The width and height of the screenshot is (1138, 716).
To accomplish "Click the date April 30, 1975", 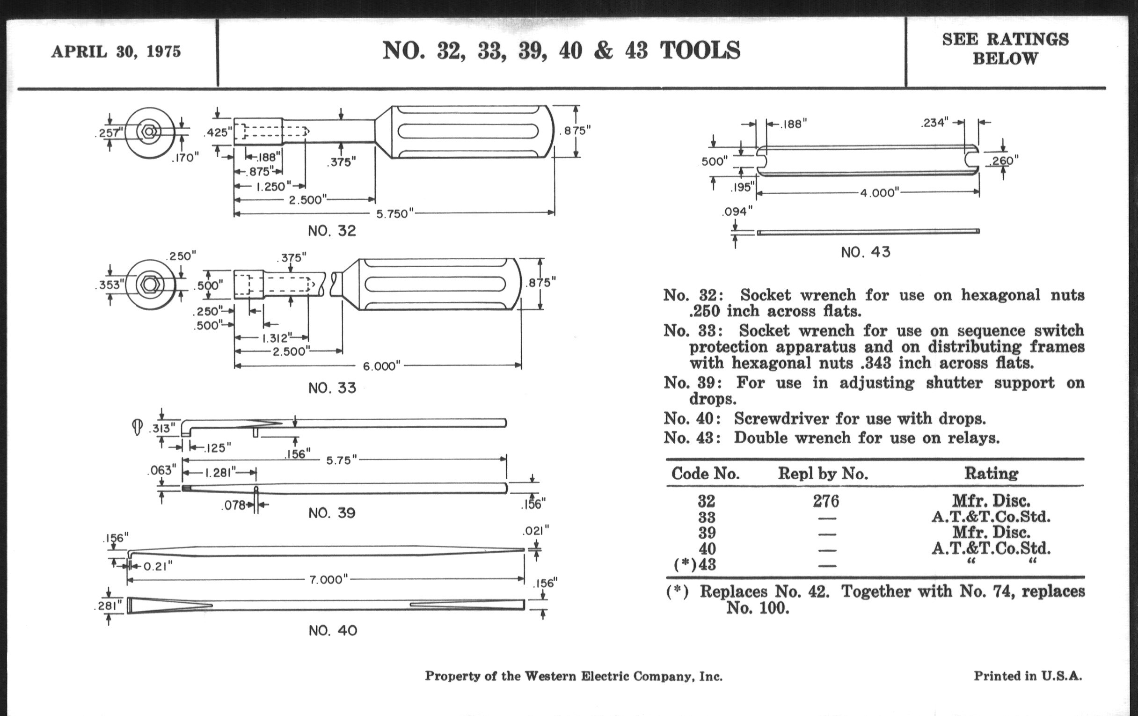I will coord(116,51).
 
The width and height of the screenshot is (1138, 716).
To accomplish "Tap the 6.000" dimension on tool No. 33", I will coord(381,366).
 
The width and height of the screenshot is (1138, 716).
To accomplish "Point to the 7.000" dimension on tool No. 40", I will coord(328,579).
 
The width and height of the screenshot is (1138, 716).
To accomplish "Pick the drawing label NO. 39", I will coord(332,513).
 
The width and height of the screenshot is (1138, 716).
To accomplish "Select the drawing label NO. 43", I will coord(865,252).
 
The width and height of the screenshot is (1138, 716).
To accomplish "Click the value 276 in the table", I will coord(825,501).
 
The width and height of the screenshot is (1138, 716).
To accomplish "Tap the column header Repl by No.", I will coord(823,474).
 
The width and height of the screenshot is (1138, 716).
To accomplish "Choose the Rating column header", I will coord(991,473).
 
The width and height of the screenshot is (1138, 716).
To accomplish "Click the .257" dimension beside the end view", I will coord(109,133).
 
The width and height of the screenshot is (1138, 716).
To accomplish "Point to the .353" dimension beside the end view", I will coord(110,285).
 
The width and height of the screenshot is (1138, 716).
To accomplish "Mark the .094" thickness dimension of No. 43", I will coord(737,212).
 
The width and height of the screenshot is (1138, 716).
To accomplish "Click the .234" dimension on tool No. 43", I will coord(934,123).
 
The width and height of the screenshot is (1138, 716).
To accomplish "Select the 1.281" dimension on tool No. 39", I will coord(219,473).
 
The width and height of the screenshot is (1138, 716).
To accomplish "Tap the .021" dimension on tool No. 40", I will coord(536,531).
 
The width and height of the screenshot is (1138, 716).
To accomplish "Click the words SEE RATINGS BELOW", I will coord(1005,49).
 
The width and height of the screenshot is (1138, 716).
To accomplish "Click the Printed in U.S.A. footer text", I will coord(1028,676).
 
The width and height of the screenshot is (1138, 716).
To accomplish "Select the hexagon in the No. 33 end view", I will coord(150,285).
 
